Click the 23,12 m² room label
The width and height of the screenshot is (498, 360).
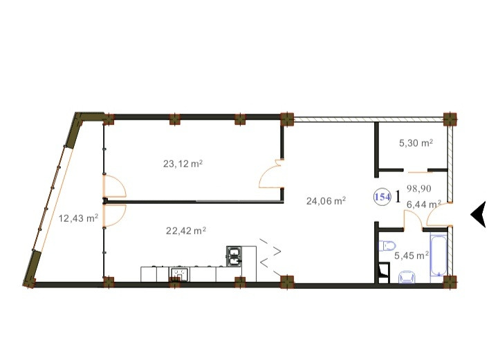183,164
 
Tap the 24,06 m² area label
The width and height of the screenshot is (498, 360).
326,201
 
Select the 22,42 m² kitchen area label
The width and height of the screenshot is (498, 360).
186,231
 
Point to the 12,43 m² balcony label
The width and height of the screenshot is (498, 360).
78,218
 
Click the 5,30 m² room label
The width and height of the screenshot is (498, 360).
416,143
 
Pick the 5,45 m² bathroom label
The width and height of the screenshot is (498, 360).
412,256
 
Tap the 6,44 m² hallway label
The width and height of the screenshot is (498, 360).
424,204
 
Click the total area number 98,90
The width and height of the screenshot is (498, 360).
419,189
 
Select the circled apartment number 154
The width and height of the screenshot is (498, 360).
382,197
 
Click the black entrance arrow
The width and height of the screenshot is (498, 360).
478,214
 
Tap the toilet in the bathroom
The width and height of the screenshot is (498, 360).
387,245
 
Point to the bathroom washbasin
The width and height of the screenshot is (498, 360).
407,276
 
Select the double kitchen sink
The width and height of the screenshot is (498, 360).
234,256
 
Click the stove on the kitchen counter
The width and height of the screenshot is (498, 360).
180,275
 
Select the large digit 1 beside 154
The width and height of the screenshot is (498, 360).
398,197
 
